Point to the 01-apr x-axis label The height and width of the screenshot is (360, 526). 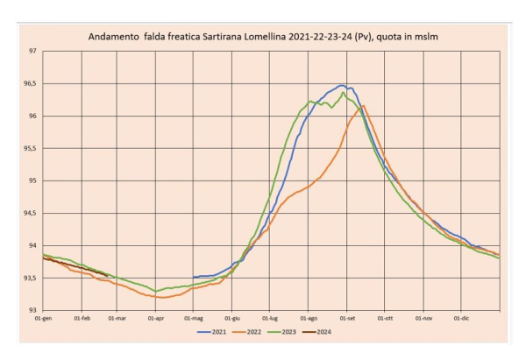coord(156,319)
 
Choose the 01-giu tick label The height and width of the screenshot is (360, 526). coord(232,319)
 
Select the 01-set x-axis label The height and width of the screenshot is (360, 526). coord(347,319)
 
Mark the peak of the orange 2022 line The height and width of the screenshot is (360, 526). coord(364,105)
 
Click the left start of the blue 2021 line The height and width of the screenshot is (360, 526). coord(193,277)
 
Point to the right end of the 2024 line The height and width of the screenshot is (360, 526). coord(107,276)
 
